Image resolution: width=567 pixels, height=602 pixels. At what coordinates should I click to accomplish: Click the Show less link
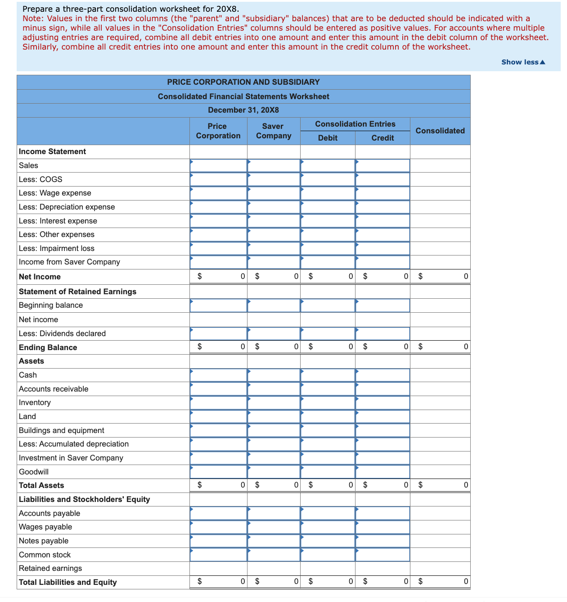[523, 62]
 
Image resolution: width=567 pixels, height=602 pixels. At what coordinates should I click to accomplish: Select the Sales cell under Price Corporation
[218, 165]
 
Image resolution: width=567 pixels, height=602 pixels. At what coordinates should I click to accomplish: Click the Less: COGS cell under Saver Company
[274, 179]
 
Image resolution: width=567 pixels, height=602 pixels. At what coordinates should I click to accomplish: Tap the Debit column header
[328, 138]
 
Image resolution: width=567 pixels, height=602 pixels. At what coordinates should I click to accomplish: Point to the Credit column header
[382, 138]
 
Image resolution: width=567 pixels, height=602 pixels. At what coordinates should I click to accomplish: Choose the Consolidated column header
[440, 131]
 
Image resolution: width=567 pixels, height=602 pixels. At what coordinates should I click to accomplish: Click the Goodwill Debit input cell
[328, 472]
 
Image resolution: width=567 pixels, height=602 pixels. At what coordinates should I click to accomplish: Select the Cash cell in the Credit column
[382, 375]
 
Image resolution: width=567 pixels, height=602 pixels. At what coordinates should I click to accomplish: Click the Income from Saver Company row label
[69, 262]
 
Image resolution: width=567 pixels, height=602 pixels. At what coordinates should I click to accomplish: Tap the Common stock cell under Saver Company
[274, 555]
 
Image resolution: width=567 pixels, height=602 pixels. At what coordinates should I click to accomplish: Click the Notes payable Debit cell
[328, 541]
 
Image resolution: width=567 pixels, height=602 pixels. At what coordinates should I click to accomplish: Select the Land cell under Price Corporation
[218, 416]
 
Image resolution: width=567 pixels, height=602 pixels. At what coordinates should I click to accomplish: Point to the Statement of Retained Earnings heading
[77, 292]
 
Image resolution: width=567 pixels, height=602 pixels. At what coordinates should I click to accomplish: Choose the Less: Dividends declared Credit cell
[382, 333]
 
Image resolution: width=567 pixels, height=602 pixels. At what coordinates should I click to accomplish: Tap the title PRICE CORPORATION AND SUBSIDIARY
[243, 82]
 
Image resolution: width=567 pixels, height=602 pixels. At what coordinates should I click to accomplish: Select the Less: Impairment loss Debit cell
[328, 248]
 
